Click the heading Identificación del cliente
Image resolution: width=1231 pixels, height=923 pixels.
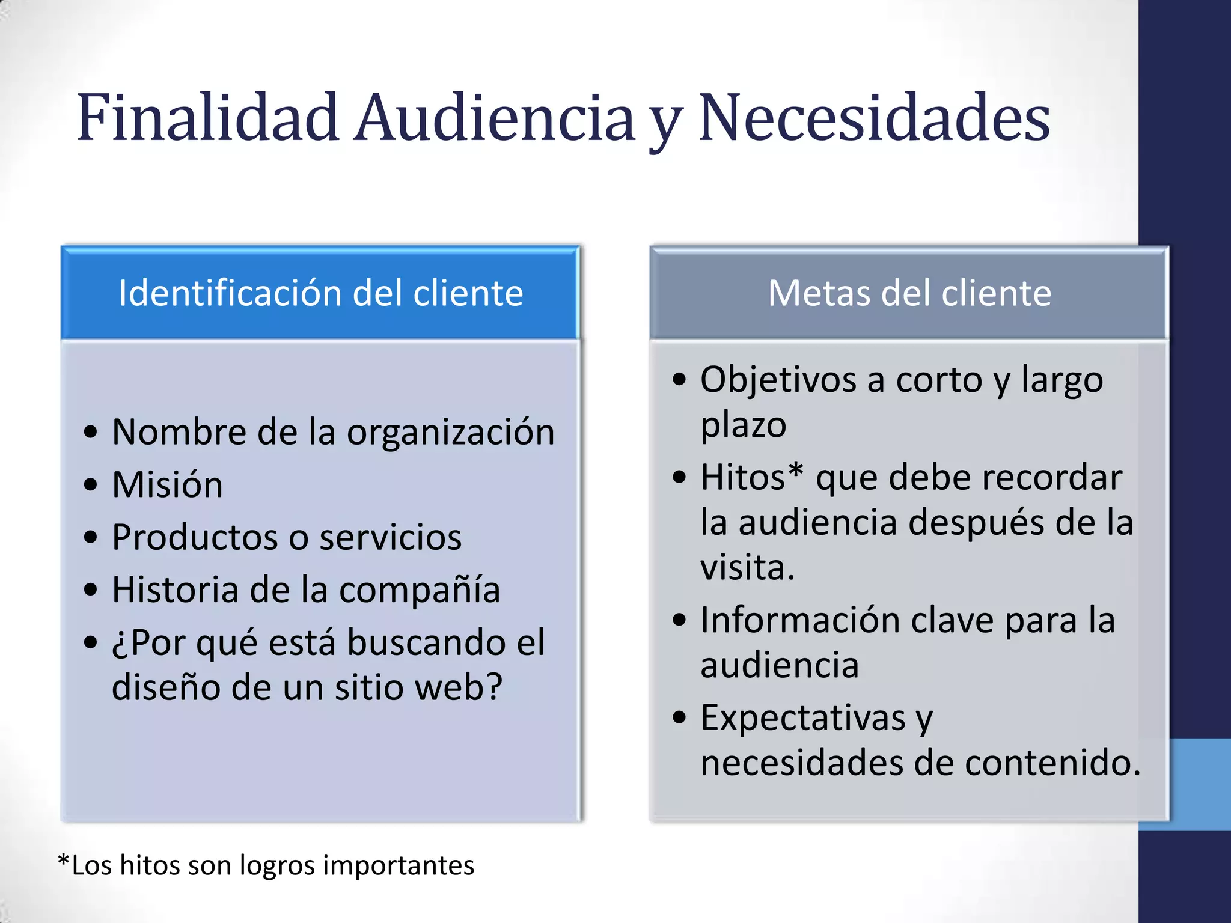tap(321, 293)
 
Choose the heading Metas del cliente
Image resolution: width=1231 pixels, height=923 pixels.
tap(909, 293)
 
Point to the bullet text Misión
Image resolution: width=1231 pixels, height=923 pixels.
tap(167, 484)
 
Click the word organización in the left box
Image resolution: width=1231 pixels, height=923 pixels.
tap(451, 433)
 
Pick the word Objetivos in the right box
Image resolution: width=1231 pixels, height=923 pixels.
tap(778, 380)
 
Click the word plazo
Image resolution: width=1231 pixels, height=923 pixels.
tap(744, 425)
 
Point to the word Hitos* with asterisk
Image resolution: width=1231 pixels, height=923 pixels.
tap(751, 477)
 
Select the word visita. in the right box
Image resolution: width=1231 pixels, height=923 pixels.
tap(748, 567)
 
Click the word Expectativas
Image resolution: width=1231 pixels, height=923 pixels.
tap(803, 717)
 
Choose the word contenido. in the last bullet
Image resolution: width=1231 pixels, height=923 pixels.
tap(1052, 763)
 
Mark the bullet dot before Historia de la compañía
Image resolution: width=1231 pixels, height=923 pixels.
tap(91, 589)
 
